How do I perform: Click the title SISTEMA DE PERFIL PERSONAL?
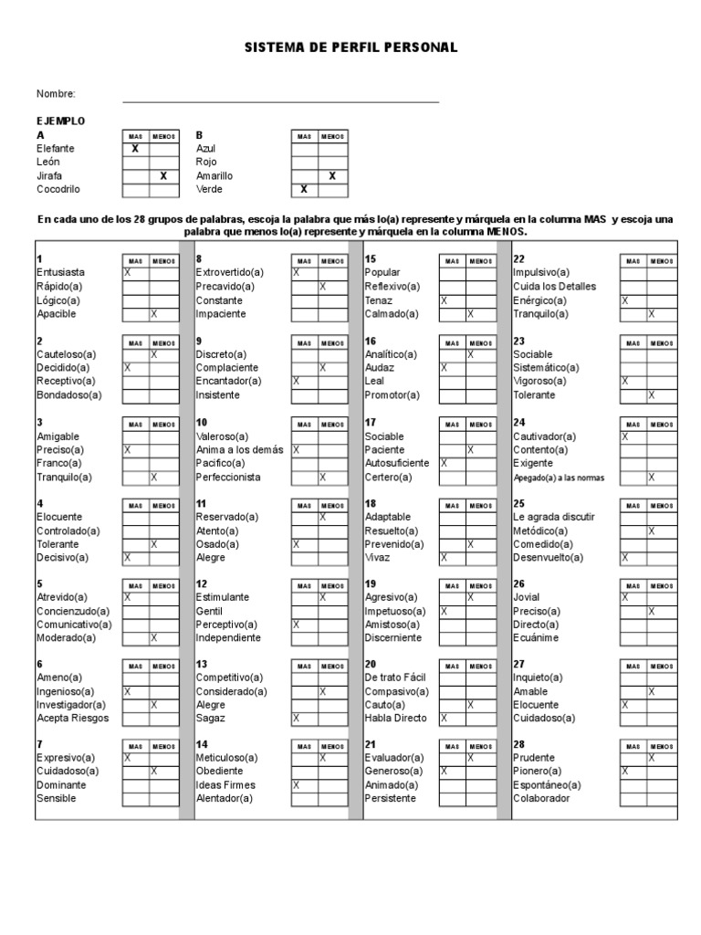tap(350, 47)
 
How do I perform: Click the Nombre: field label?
tap(56, 94)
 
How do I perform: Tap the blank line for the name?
tap(280, 100)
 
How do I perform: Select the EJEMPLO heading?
tap(61, 121)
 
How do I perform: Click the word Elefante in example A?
tap(56, 148)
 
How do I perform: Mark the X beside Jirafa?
tap(163, 175)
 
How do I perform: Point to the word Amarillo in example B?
tap(214, 175)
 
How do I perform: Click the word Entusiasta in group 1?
tap(61, 273)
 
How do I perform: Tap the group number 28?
tap(519, 744)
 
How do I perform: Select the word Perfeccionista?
tap(228, 477)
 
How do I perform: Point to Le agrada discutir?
tap(553, 517)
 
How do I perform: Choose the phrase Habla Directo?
tap(395, 718)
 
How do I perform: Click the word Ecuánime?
tap(536, 637)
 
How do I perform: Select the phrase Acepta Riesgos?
tap(72, 718)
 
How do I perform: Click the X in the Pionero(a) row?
tap(625, 772)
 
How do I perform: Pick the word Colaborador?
tap(541, 798)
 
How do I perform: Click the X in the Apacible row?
tap(153, 314)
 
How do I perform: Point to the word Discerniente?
tap(394, 637)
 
